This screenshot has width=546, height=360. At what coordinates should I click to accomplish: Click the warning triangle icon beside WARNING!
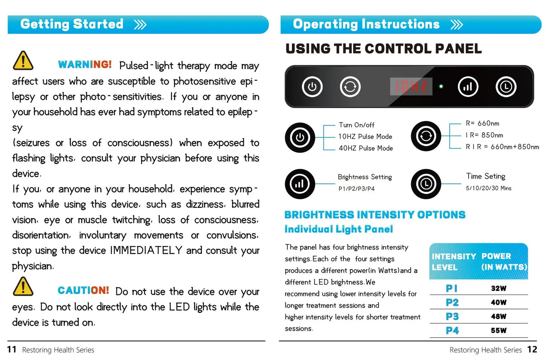point(23,61)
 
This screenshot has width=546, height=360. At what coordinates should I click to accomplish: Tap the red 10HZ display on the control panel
point(411,87)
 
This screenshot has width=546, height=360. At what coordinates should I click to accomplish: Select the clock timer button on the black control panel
point(506,87)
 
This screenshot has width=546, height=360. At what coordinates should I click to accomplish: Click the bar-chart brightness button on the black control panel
point(468,87)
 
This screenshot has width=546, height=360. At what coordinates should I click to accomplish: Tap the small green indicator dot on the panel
point(441,87)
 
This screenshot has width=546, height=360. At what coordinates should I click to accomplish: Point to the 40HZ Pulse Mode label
point(365,148)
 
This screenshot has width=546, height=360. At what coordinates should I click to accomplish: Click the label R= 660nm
point(482,124)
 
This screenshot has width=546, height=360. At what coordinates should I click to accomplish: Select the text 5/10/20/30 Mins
point(488,188)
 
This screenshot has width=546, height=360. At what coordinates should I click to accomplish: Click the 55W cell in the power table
point(498,331)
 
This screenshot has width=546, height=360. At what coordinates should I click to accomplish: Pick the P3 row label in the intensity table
point(452,317)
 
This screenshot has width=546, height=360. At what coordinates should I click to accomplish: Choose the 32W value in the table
point(498,289)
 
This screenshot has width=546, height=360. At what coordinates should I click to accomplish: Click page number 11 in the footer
point(12,349)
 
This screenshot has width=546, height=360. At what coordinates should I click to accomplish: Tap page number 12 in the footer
point(532,349)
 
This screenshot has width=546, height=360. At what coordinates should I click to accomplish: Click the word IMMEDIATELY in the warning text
point(146,250)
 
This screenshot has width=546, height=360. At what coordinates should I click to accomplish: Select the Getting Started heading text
point(72,24)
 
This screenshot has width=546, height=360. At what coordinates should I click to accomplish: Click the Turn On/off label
point(356,125)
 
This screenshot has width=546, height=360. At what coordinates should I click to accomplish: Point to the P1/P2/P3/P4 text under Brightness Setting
point(356,189)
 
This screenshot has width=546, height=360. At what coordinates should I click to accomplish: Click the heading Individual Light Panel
point(339,229)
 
